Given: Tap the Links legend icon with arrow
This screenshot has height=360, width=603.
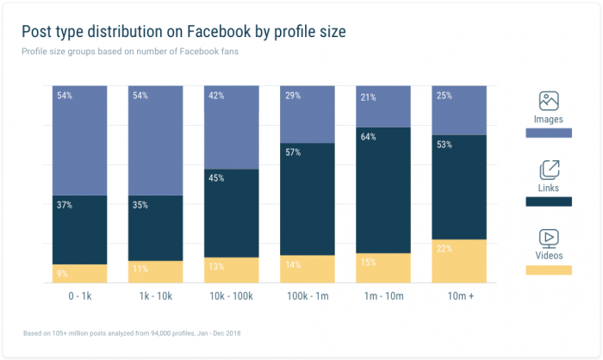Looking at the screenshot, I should [549, 169].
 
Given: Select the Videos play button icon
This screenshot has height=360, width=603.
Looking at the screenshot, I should [549, 237].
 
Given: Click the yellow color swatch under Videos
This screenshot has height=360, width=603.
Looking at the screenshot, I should [549, 270].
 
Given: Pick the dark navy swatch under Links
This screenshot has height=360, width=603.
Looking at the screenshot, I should [549, 202].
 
